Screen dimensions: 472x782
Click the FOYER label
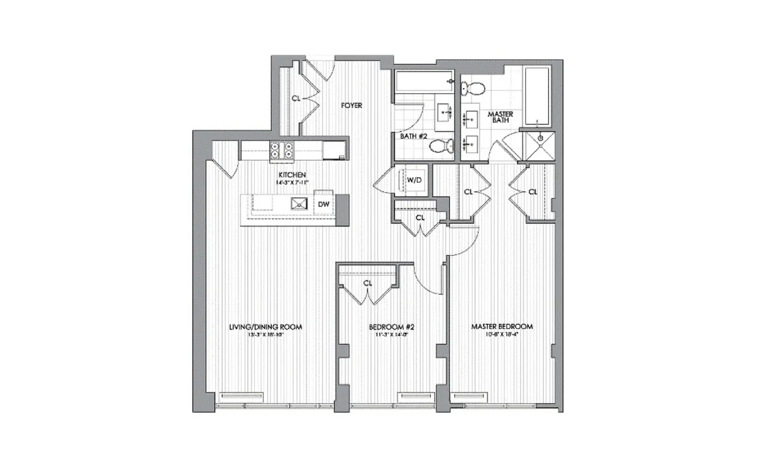coord(352,105)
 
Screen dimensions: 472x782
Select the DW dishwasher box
coord(323,204)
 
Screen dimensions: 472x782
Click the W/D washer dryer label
coord(414,180)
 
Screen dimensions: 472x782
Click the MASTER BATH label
coord(500,117)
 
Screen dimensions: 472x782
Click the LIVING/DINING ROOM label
coord(265,326)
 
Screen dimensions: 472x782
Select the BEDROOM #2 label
coord(388,326)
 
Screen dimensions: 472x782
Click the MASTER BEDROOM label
coord(502,326)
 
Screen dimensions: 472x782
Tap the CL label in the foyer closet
coord(296,99)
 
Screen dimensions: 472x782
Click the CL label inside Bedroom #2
coord(368,283)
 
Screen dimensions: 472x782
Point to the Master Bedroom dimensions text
coord(502,335)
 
